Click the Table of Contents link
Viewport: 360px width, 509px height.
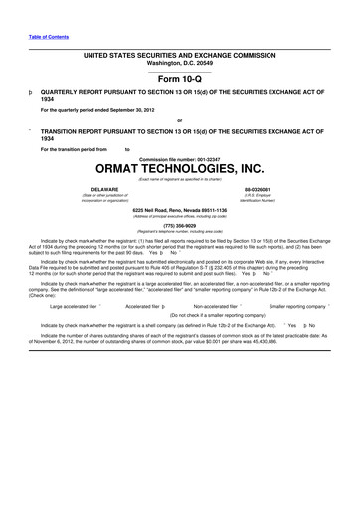coord(47,38)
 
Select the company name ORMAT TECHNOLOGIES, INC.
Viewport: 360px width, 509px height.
coord(179,170)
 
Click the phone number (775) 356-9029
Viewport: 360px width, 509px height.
coord(179,225)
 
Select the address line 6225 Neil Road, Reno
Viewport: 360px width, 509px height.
coord(179,210)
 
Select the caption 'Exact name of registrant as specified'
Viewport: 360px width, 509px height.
coord(179,179)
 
